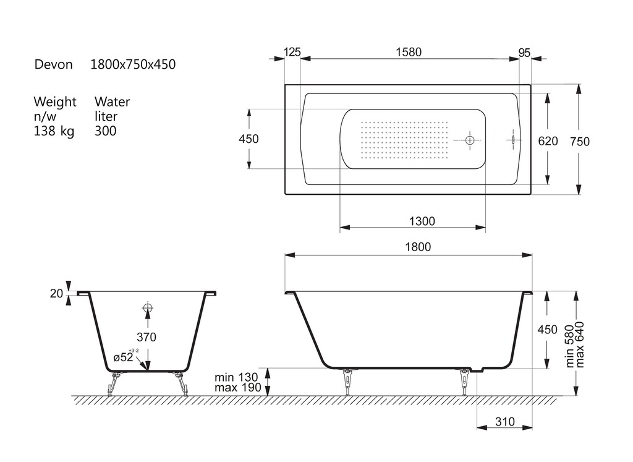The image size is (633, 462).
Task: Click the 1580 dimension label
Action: point(409,52)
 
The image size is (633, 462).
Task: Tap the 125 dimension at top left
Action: point(292,52)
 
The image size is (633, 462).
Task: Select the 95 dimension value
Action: point(524,53)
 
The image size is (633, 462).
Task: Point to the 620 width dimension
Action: point(548,141)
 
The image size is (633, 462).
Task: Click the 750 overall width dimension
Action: point(580,142)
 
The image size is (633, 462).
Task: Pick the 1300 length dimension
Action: point(422,221)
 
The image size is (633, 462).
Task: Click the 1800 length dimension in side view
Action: point(418,247)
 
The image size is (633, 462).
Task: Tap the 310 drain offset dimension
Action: point(504,422)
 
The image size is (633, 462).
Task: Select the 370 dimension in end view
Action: point(146,337)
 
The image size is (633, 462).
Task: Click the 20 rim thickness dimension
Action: point(56,293)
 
